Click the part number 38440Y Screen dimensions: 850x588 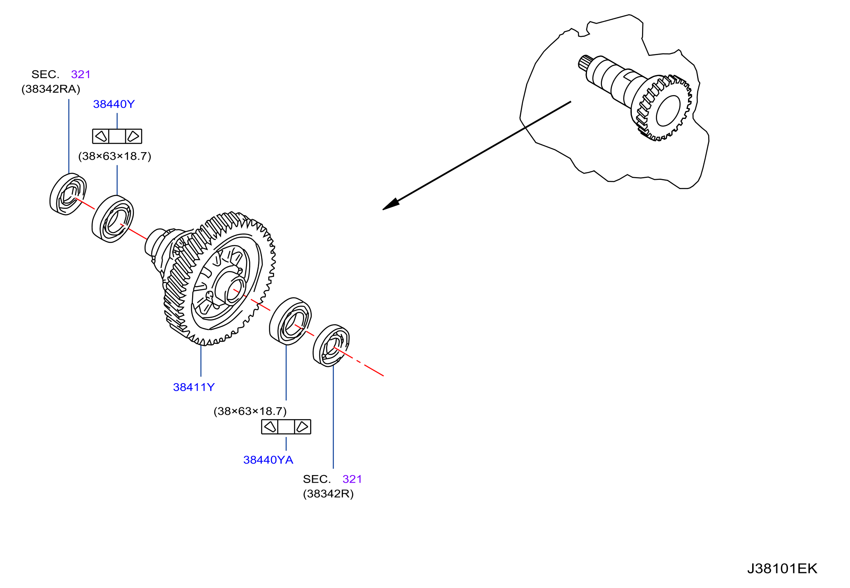[x=114, y=104]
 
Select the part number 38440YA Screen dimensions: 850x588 [x=268, y=460]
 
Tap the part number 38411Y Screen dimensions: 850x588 [x=194, y=387]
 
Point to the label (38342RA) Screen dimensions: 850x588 [x=51, y=89]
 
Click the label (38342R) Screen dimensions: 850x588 [x=328, y=494]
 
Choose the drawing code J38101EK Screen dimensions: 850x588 [x=782, y=569]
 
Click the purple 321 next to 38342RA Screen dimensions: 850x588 [x=81, y=74]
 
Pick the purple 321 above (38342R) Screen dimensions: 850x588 [x=352, y=479]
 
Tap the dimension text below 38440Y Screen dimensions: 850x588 [x=115, y=156]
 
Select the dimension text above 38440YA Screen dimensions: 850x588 [x=250, y=411]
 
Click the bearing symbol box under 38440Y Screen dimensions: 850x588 [x=117, y=136]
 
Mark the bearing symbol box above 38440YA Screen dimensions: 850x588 [x=286, y=427]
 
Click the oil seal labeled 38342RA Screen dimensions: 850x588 [x=68, y=194]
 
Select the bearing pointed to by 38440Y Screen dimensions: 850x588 [x=113, y=219]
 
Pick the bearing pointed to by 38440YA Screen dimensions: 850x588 [x=290, y=321]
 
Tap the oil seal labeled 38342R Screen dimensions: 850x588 [x=331, y=346]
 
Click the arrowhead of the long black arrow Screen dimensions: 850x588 [x=391, y=204]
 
